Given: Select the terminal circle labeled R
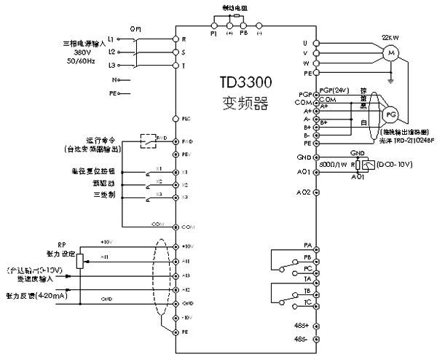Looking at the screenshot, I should [x=175, y=38].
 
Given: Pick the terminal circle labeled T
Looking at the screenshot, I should [x=175, y=66].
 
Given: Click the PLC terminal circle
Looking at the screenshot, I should [x=175, y=118].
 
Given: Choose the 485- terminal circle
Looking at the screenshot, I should [x=316, y=340].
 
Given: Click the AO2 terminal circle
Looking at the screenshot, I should [x=316, y=192].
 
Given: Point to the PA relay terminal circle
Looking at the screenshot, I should [x=316, y=246].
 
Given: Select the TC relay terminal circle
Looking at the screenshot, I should [x=316, y=301].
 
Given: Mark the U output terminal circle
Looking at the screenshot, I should [x=316, y=43].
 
